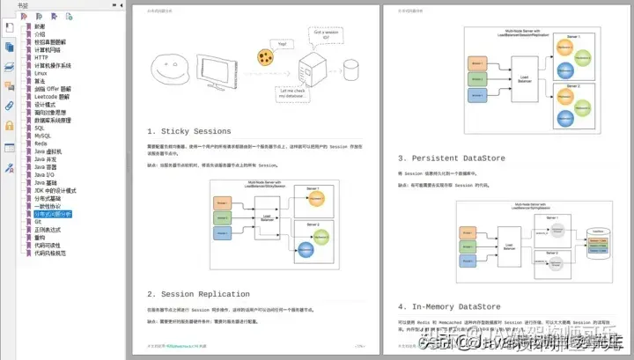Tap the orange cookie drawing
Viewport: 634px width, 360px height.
(x=262, y=57)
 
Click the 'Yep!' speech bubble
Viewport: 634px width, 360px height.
(x=282, y=43)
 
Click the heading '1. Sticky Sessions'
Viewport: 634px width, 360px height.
(x=189, y=131)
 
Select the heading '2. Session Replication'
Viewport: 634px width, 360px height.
(x=198, y=294)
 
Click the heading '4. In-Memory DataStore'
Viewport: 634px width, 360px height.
(x=449, y=306)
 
